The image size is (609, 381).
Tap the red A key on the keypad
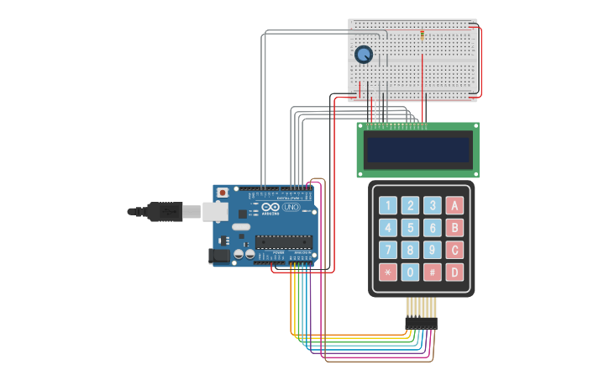pos(454,205)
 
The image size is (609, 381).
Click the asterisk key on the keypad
pos(387,272)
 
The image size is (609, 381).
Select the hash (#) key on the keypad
pos(432,272)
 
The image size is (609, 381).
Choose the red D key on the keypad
pos(454,272)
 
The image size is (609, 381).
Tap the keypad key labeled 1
pos(387,205)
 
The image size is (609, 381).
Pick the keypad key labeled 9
pos(432,250)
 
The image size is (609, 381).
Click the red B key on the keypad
pos(454,228)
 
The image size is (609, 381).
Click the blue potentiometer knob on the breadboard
pos(364,55)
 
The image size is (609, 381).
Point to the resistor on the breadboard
pos(422,34)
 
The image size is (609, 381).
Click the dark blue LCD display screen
pos(417,150)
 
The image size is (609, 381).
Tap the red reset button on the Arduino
pos(223,193)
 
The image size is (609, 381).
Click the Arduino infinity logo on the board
pos(270,207)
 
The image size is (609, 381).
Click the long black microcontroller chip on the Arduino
pos(284,241)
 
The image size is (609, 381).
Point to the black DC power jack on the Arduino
pos(218,255)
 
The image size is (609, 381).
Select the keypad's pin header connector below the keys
pos(421,322)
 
